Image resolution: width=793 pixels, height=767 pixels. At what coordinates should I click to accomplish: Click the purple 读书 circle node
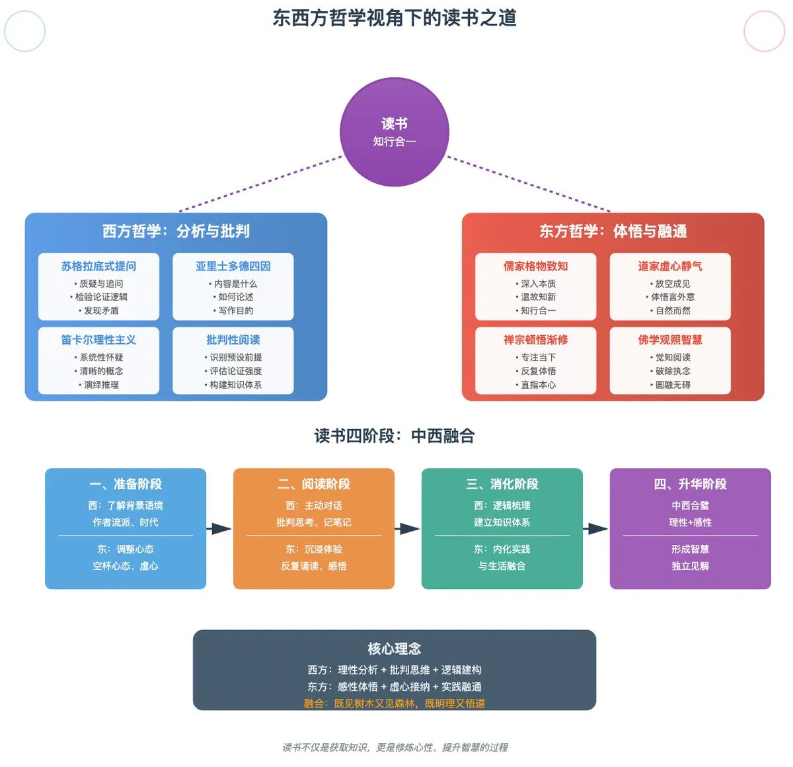pyautogui.click(x=395, y=132)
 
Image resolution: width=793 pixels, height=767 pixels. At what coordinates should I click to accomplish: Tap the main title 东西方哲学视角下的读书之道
pyautogui.click(x=395, y=18)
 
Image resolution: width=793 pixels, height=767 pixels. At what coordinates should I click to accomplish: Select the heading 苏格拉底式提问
pyautogui.click(x=98, y=266)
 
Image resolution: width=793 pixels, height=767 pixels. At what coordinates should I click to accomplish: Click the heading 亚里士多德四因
pyautogui.click(x=233, y=266)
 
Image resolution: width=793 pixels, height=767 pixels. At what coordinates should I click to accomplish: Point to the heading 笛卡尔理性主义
pyautogui.click(x=98, y=340)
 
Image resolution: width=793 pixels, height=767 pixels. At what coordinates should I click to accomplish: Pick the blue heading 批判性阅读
pyautogui.click(x=233, y=340)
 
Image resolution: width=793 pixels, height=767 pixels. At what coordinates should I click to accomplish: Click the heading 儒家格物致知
pyautogui.click(x=535, y=266)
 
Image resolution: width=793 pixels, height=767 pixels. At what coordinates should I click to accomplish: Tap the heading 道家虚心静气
pyautogui.click(x=670, y=266)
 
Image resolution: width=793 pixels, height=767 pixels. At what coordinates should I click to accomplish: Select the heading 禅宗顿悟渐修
pyautogui.click(x=535, y=340)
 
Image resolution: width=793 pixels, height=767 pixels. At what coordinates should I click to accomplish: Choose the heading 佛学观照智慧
pyautogui.click(x=670, y=340)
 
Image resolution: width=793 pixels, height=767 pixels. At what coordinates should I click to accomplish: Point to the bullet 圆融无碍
pyautogui.click(x=671, y=385)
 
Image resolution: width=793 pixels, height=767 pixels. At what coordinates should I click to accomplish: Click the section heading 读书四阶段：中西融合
pyautogui.click(x=395, y=436)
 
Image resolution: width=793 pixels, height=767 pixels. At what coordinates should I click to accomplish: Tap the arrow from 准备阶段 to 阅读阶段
pyautogui.click(x=219, y=529)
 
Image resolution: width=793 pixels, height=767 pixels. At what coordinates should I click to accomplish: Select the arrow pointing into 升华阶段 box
pyautogui.click(x=596, y=529)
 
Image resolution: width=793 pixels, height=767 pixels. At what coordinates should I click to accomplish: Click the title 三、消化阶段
pyautogui.click(x=502, y=484)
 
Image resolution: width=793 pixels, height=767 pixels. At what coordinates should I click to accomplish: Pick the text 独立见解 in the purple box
pyautogui.click(x=690, y=566)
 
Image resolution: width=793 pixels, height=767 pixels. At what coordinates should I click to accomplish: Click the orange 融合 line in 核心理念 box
pyautogui.click(x=395, y=704)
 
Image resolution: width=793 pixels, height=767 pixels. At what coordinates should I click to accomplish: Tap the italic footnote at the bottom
pyautogui.click(x=395, y=747)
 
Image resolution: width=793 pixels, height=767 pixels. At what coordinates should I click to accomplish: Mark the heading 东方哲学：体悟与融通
pyautogui.click(x=613, y=231)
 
